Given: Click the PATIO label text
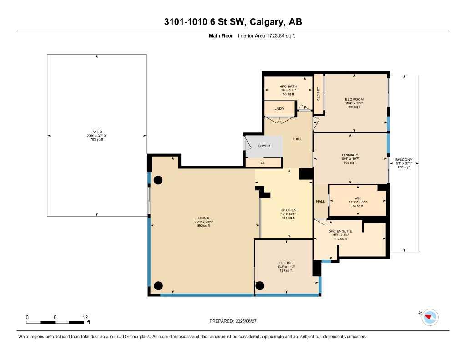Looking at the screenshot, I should [x=96, y=132].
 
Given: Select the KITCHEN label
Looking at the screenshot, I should [x=288, y=210].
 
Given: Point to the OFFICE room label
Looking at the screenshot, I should [x=285, y=263].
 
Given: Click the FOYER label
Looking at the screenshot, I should [x=264, y=146].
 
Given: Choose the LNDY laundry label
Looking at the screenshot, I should [x=279, y=109].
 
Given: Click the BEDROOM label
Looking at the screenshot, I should [x=354, y=99].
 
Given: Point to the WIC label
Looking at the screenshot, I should [x=357, y=198].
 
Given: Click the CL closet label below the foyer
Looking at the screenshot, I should [x=263, y=162].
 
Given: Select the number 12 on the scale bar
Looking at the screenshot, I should [x=85, y=317].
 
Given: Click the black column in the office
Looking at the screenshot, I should [x=260, y=286].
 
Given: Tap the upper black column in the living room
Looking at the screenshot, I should [x=158, y=180].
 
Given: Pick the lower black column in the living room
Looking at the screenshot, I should [x=158, y=286].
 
